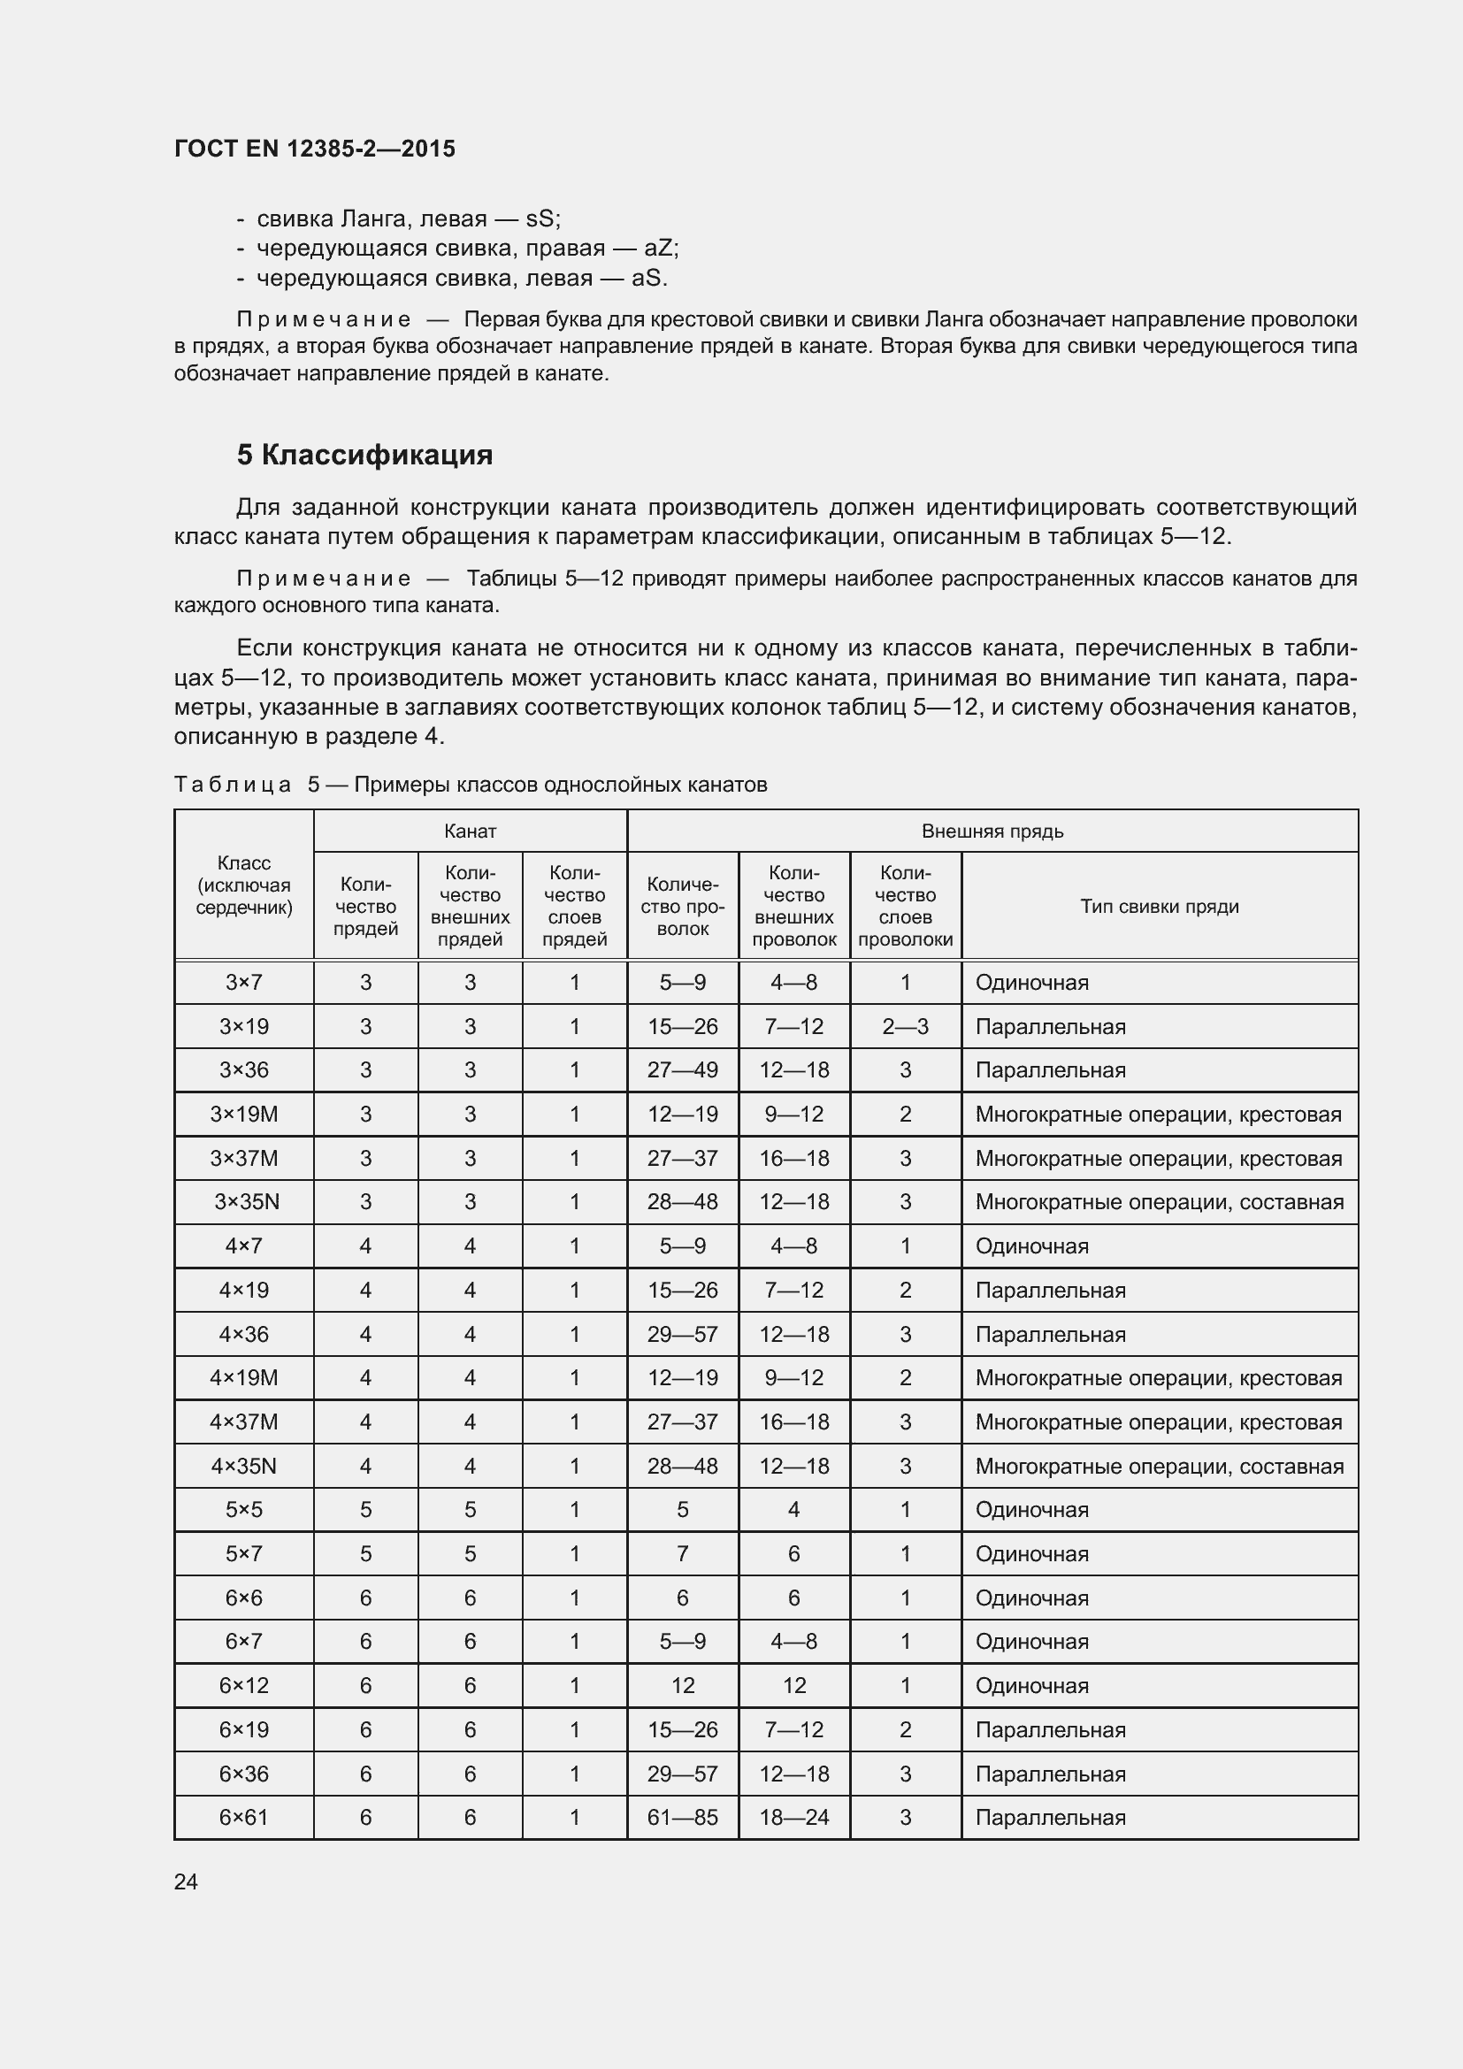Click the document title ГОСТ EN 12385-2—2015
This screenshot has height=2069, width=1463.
coord(314,149)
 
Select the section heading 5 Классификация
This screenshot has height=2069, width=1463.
coord(364,455)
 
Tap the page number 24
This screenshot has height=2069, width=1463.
coord(186,1881)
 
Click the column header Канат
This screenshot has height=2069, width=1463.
coord(470,831)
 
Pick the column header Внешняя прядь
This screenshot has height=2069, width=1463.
coord(992,831)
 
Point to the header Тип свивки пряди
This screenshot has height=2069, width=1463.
coord(1159,907)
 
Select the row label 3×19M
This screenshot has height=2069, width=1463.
coord(244,1115)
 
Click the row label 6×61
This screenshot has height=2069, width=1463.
coord(244,1818)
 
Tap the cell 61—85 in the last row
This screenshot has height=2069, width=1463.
coord(682,1818)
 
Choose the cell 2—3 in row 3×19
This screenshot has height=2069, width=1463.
coord(905,1027)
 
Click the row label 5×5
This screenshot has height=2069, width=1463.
coord(244,1509)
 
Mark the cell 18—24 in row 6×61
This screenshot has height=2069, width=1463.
coord(793,1818)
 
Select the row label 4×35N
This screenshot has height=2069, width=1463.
coord(244,1466)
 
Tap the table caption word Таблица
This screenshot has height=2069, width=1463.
coord(233,785)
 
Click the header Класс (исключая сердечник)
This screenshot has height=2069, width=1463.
coord(244,885)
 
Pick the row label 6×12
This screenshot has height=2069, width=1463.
coord(244,1685)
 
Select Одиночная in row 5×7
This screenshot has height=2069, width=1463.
coord(1031,1553)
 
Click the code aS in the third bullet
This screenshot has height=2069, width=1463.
coord(647,278)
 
